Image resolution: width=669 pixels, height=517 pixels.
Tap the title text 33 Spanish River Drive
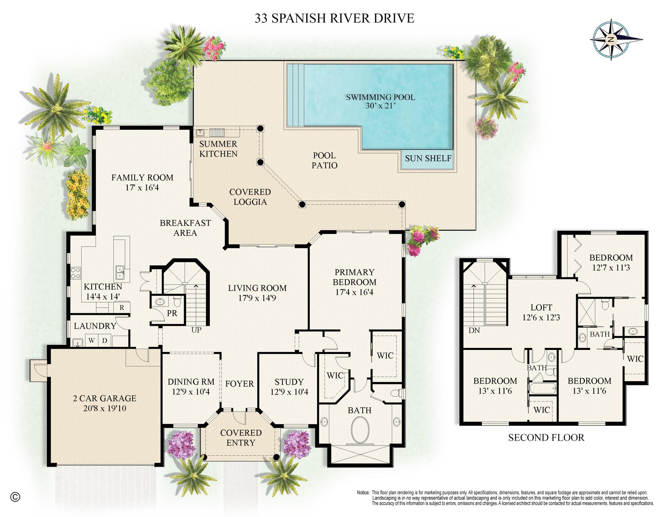point(334,18)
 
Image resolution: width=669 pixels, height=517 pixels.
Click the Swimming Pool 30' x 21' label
point(380,101)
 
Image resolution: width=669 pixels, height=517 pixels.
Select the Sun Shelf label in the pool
point(428,158)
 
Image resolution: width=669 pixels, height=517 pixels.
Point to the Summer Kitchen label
point(218,149)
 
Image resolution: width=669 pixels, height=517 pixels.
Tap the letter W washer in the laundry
point(92,341)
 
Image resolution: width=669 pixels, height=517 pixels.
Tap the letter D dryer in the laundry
point(105,341)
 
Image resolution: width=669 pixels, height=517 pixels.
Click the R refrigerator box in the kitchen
point(122,307)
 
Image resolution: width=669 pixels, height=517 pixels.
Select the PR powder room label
point(172,313)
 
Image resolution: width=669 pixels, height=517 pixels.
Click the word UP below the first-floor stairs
point(196,330)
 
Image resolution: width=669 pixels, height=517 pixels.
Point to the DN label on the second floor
point(474,330)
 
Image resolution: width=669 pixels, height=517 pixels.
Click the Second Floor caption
point(546,438)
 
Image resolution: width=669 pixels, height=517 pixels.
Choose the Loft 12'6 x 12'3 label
point(541,312)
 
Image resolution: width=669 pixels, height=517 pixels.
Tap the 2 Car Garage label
point(104,403)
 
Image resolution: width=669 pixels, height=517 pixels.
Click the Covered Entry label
point(241,438)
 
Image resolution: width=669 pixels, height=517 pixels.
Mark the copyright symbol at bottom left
point(15,497)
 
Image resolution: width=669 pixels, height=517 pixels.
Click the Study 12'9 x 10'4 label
point(289,387)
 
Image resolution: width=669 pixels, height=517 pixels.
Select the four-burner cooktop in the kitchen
point(75,273)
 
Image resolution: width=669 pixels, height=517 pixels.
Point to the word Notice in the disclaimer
point(363,492)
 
